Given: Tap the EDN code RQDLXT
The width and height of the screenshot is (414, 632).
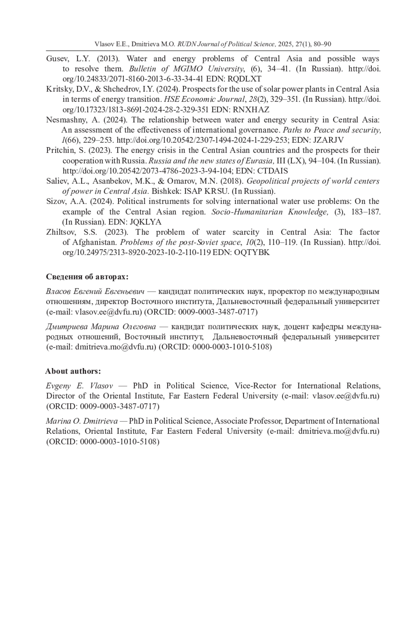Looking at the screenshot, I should tap(245, 79).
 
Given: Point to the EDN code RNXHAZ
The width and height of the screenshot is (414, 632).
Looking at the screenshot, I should tap(251, 110).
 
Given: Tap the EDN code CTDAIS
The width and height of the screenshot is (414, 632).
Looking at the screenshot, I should tap(273, 171).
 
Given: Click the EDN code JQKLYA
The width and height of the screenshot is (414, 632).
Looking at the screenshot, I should tap(148, 222).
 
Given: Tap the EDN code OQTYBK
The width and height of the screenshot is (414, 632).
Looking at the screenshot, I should tap(252, 252).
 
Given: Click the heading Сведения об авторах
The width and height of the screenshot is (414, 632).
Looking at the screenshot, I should tap(87, 277).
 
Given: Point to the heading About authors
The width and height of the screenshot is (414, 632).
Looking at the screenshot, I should tap(73, 371).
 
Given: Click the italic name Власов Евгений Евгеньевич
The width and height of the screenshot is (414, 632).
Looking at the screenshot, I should tap(95, 292).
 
